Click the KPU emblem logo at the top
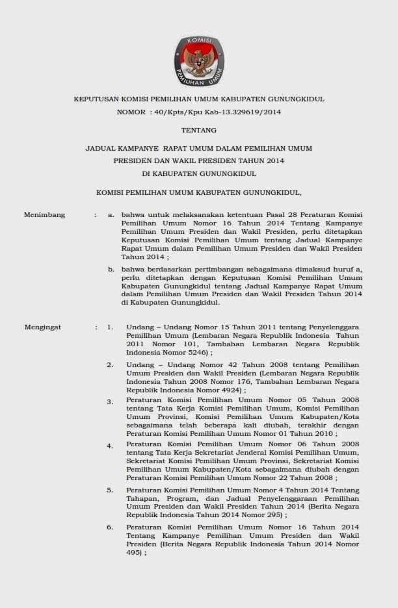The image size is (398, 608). (x=199, y=62)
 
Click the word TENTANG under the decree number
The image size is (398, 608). (x=199, y=130)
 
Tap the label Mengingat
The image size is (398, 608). (x=43, y=327)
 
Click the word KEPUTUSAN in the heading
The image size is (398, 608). (x=98, y=99)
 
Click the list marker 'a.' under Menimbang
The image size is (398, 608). (x=111, y=214)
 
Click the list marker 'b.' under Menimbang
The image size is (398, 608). (x=111, y=269)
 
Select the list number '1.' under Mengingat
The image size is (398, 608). (x=111, y=327)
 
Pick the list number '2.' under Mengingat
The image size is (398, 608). (x=111, y=365)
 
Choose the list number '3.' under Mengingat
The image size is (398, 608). (x=111, y=402)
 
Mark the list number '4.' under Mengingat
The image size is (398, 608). (x=111, y=446)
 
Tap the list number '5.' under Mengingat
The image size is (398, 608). (x=111, y=490)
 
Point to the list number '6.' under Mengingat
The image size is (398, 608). (x=111, y=527)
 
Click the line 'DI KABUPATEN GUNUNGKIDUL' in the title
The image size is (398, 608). (x=199, y=173)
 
